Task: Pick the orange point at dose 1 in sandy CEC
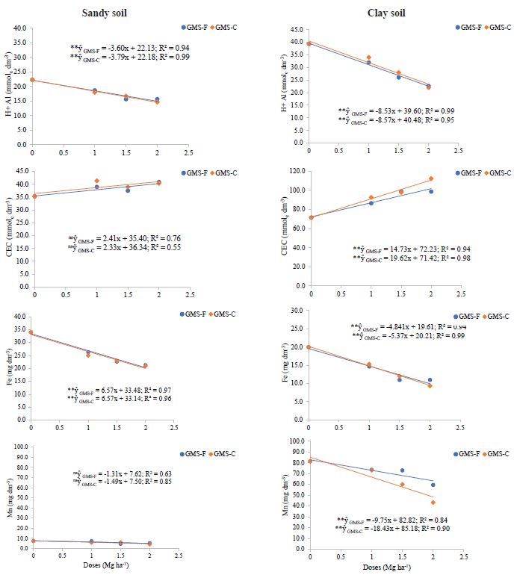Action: (96, 181)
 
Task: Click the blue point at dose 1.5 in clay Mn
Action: (402, 470)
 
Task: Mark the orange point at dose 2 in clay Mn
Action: (433, 503)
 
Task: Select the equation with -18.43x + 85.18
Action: (400, 528)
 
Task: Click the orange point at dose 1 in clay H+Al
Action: (368, 57)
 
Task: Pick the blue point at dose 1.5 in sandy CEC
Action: (128, 190)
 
